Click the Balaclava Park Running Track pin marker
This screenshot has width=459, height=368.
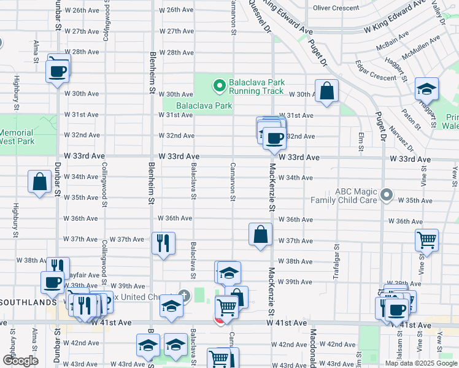pos(218,85)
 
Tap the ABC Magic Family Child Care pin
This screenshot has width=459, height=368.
pos(386,195)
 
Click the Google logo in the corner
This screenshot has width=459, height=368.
pos(20,360)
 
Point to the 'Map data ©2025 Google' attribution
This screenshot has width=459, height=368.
pos(420,363)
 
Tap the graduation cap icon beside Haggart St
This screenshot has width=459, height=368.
pos(426,89)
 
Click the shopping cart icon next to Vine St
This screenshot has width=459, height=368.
pos(426,240)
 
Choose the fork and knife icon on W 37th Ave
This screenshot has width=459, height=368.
pos(163,243)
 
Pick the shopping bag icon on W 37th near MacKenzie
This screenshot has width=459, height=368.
pos(260,234)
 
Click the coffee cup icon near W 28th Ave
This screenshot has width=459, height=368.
pos(58,70)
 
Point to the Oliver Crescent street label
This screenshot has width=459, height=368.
pos(336,8)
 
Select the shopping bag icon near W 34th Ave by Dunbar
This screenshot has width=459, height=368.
pos(39,182)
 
